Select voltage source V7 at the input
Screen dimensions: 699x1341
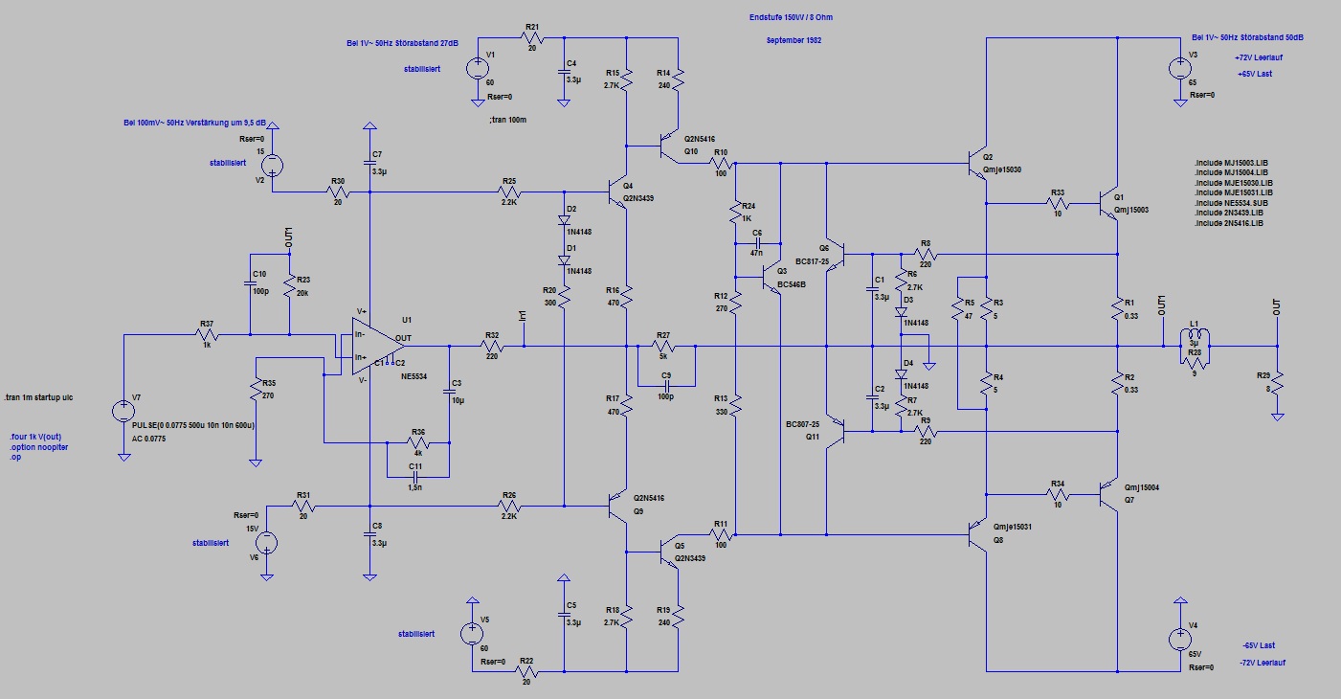(x=123, y=412)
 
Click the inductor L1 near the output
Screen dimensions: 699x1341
(x=1193, y=337)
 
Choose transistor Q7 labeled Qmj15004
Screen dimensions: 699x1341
(x=1110, y=495)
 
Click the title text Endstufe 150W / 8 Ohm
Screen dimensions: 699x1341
(x=797, y=18)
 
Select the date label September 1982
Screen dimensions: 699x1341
(x=793, y=41)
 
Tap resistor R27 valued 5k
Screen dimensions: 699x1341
(x=662, y=345)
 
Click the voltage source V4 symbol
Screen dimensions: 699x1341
(x=1177, y=640)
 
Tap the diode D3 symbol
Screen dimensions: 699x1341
(x=901, y=311)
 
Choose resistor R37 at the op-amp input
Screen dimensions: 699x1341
(x=205, y=335)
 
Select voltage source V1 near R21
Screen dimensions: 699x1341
(x=476, y=68)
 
